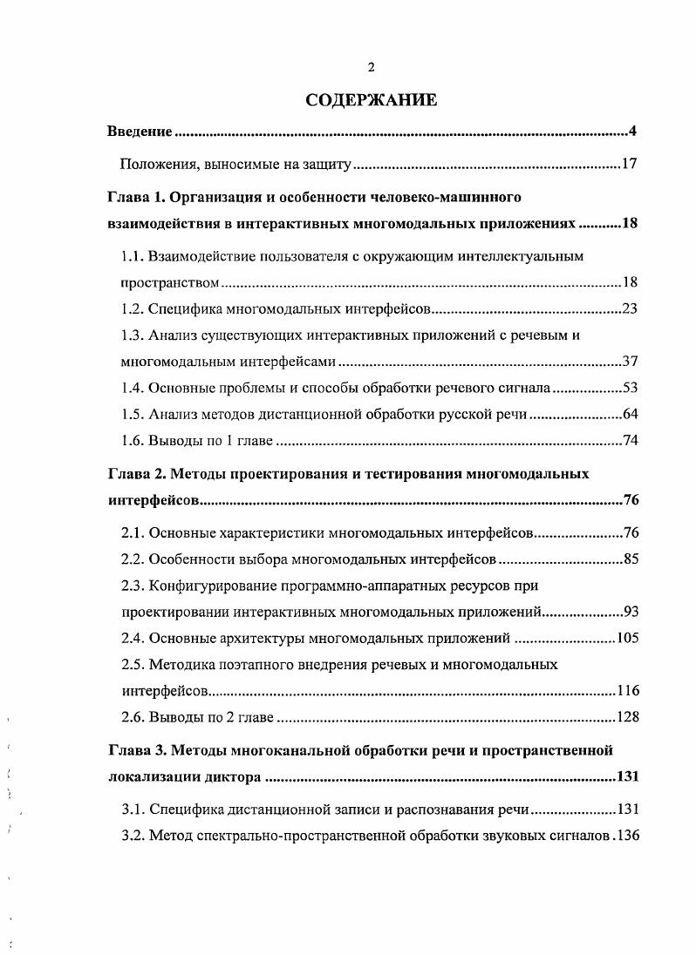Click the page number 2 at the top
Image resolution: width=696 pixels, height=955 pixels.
(x=372, y=68)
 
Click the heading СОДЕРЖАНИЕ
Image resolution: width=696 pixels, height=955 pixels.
(x=371, y=101)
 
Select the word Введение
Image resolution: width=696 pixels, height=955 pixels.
(x=137, y=132)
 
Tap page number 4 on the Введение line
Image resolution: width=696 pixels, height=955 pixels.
(x=635, y=132)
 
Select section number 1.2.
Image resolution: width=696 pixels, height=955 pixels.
(x=132, y=308)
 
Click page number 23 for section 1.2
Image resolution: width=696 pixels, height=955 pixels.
(x=631, y=308)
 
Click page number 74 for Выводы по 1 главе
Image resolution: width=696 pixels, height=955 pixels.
(x=631, y=441)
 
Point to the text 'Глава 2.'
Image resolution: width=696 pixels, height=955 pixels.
(x=135, y=474)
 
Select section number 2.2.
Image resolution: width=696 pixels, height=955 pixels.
(x=132, y=559)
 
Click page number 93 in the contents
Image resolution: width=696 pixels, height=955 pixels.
(x=631, y=612)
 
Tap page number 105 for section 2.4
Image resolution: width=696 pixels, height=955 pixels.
(x=627, y=638)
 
